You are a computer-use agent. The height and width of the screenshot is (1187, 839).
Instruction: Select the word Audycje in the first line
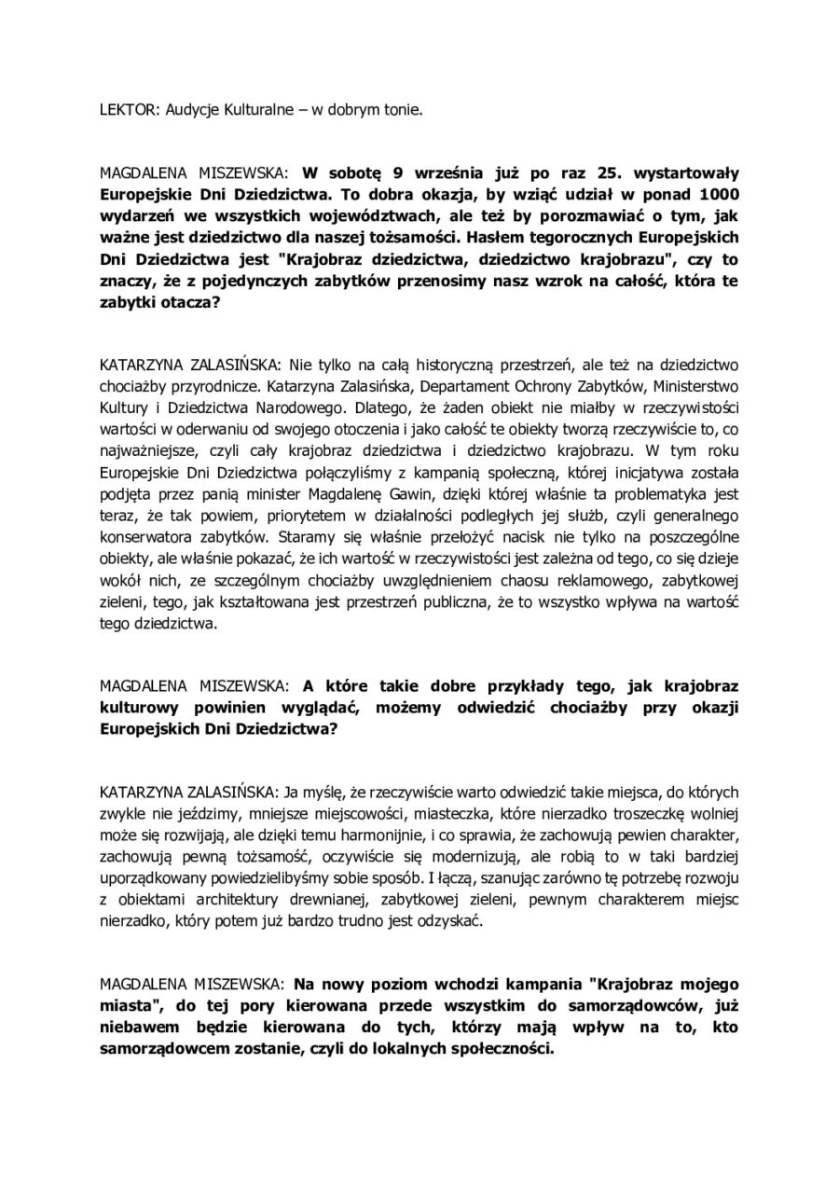[x=191, y=109]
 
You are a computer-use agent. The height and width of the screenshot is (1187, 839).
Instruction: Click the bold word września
[x=412, y=174]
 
